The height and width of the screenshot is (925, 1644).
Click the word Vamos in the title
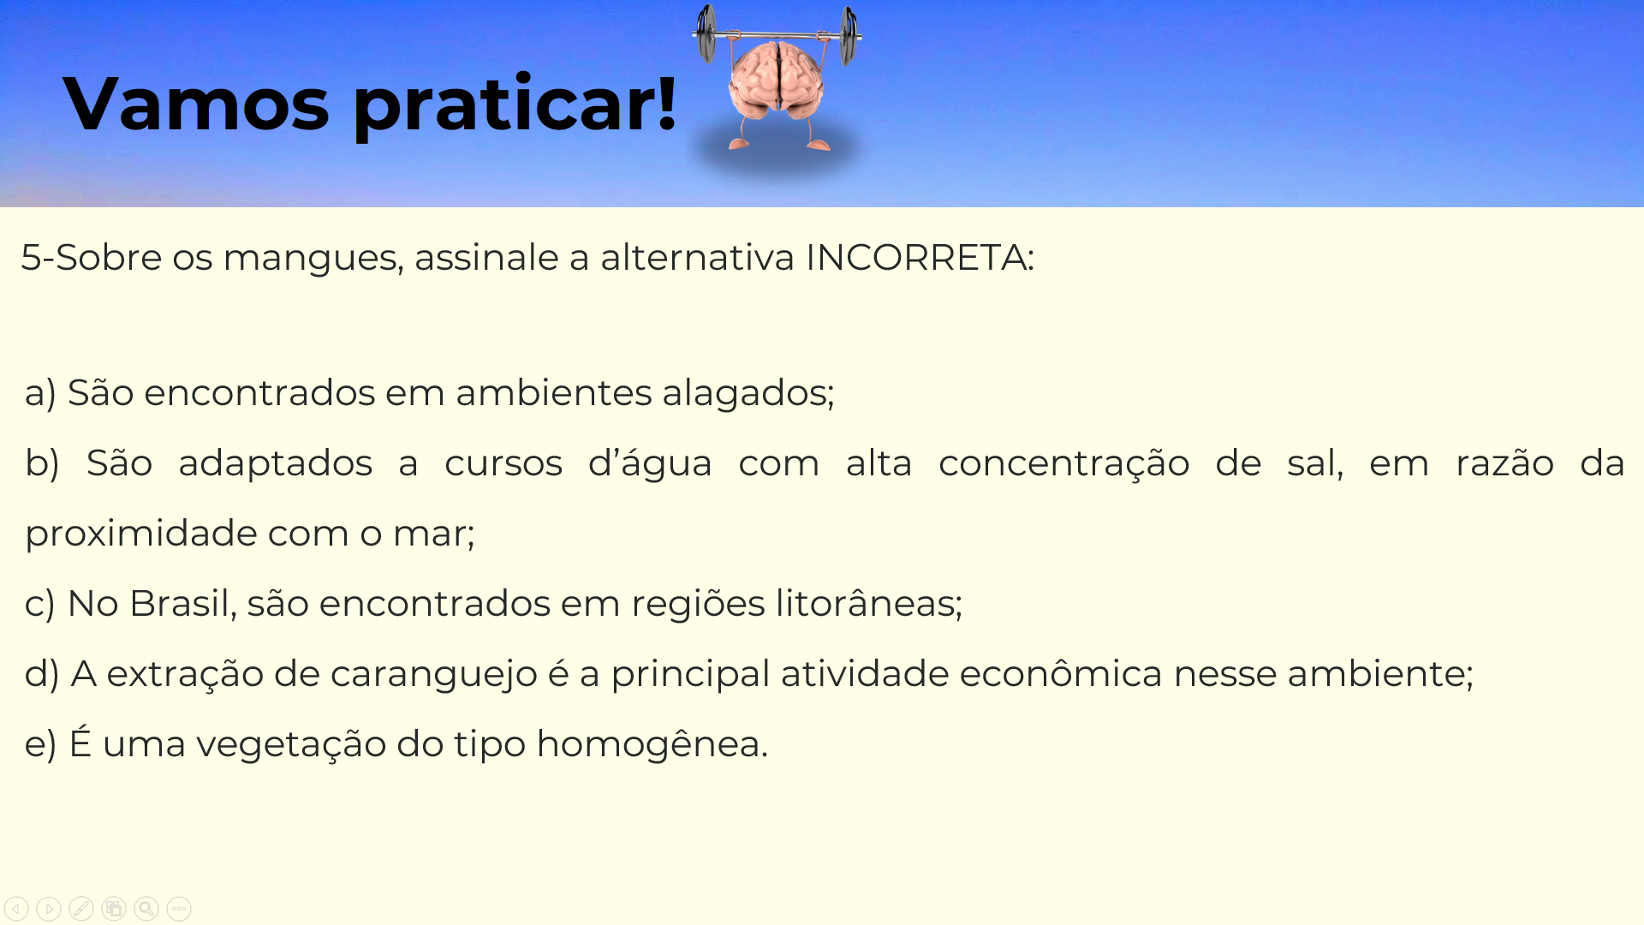click(196, 104)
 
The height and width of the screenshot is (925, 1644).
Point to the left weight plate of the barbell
click(706, 34)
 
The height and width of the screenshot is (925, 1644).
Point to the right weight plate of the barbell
click(849, 36)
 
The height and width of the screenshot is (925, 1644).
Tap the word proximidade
click(141, 534)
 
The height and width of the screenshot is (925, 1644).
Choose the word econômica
click(1061, 673)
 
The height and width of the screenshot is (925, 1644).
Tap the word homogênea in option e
click(652, 743)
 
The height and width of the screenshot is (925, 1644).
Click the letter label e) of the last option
click(40, 744)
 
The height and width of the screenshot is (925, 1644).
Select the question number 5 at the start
click(31, 257)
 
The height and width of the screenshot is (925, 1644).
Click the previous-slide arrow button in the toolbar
click(16, 909)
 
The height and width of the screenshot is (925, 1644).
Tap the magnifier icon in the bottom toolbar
click(146, 909)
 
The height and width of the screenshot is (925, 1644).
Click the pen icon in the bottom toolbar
click(81, 909)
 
